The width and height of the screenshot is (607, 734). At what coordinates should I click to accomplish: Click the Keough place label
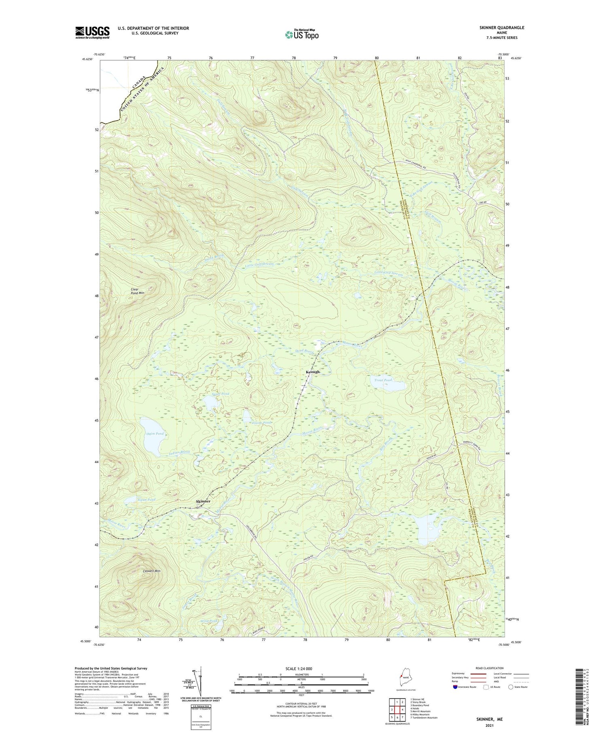[x=312, y=372]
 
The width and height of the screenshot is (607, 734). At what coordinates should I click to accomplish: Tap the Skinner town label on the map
[x=203, y=501]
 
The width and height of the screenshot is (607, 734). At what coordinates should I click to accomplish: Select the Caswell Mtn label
[x=152, y=571]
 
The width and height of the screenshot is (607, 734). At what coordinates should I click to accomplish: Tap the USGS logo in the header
[x=92, y=32]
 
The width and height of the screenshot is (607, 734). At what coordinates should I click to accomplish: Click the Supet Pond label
[x=221, y=394]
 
